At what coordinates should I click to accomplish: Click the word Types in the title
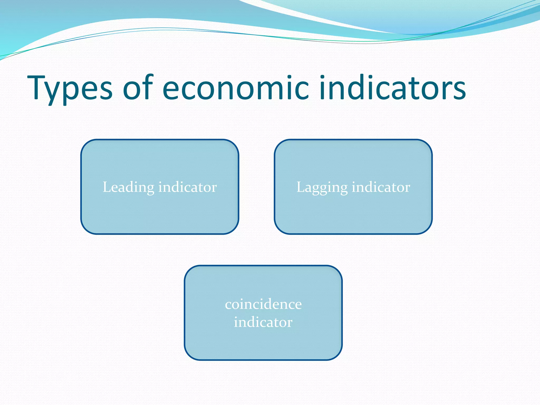pyautogui.click(x=70, y=88)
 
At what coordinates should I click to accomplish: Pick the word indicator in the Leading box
pyautogui.click(x=187, y=187)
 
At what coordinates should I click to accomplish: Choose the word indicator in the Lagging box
pyautogui.click(x=381, y=187)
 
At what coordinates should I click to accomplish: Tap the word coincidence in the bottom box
pyautogui.click(x=263, y=305)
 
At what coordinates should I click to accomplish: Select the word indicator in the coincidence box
pyautogui.click(x=263, y=322)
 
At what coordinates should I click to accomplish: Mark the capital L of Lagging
pyautogui.click(x=301, y=187)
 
